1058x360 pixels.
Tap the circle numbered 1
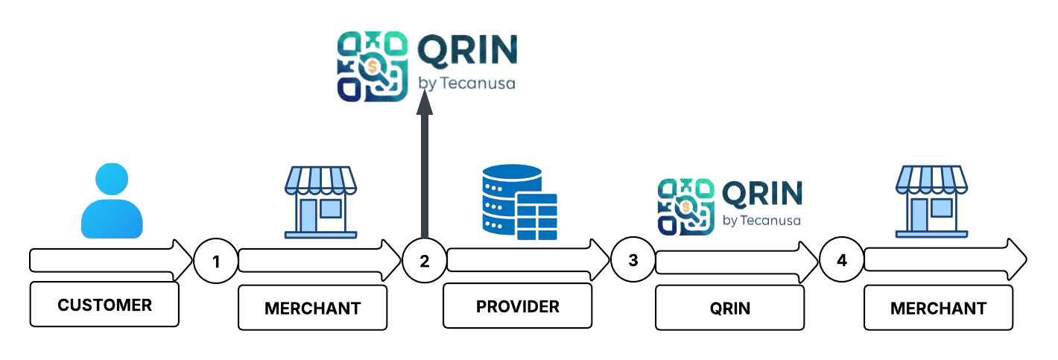[x=216, y=262]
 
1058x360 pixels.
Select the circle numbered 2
[x=425, y=262]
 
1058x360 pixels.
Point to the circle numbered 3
[x=633, y=262]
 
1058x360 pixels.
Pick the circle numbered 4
[x=842, y=262]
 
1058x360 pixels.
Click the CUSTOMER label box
[x=104, y=304]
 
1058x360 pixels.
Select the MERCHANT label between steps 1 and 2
[x=312, y=307]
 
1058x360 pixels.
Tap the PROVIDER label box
[x=518, y=306]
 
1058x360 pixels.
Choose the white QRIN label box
[x=729, y=307]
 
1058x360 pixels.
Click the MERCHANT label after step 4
[x=938, y=307]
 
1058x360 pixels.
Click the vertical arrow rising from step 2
[x=425, y=171]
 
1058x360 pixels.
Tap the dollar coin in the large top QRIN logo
[x=372, y=67]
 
